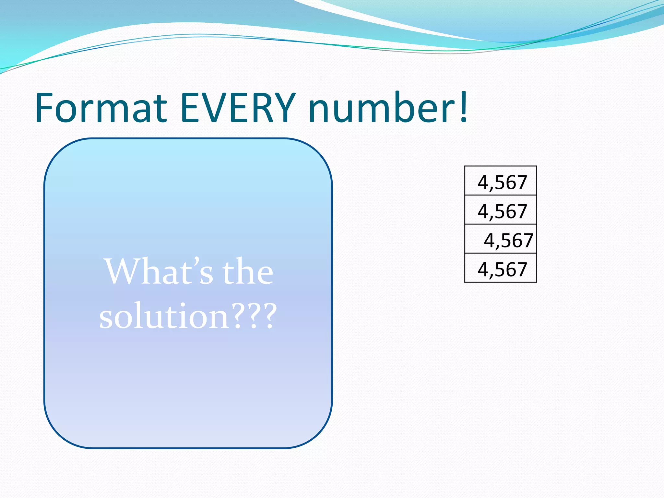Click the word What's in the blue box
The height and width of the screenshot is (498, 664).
(159, 272)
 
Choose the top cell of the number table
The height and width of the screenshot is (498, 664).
(501, 181)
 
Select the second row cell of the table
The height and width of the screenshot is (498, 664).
(501, 210)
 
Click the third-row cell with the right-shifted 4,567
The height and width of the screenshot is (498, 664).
(501, 239)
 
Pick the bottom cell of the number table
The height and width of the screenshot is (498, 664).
(501, 268)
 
